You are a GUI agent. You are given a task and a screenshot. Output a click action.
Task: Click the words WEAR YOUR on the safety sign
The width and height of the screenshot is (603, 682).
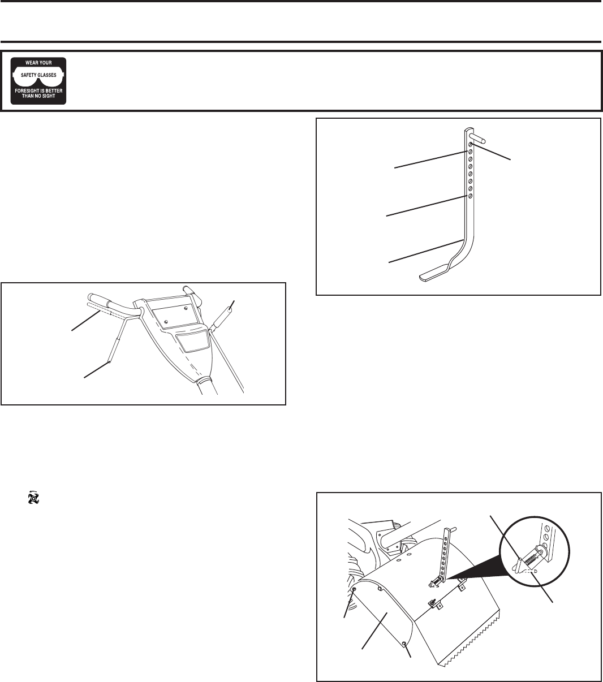coord(38,63)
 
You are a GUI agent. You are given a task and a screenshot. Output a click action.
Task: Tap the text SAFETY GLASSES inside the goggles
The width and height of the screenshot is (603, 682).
coord(38,75)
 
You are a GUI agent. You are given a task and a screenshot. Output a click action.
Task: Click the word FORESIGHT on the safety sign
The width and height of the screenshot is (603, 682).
coord(28,91)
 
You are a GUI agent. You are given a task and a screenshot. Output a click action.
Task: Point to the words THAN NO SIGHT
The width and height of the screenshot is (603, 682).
coord(38,96)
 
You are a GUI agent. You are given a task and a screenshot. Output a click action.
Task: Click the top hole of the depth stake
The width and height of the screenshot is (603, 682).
coord(470,144)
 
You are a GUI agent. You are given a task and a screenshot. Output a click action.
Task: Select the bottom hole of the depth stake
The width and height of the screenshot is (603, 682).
coord(470,196)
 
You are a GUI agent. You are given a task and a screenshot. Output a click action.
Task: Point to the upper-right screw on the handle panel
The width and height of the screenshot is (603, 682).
coord(186,308)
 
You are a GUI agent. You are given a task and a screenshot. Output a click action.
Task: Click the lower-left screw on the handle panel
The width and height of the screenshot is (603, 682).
coord(165,322)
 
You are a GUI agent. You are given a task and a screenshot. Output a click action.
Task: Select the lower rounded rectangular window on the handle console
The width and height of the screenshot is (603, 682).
coord(192,340)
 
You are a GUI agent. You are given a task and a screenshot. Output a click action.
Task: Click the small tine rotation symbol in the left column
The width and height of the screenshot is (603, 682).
coord(33,498)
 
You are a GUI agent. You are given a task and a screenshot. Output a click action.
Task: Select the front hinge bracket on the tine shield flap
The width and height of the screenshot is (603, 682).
coord(436,605)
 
